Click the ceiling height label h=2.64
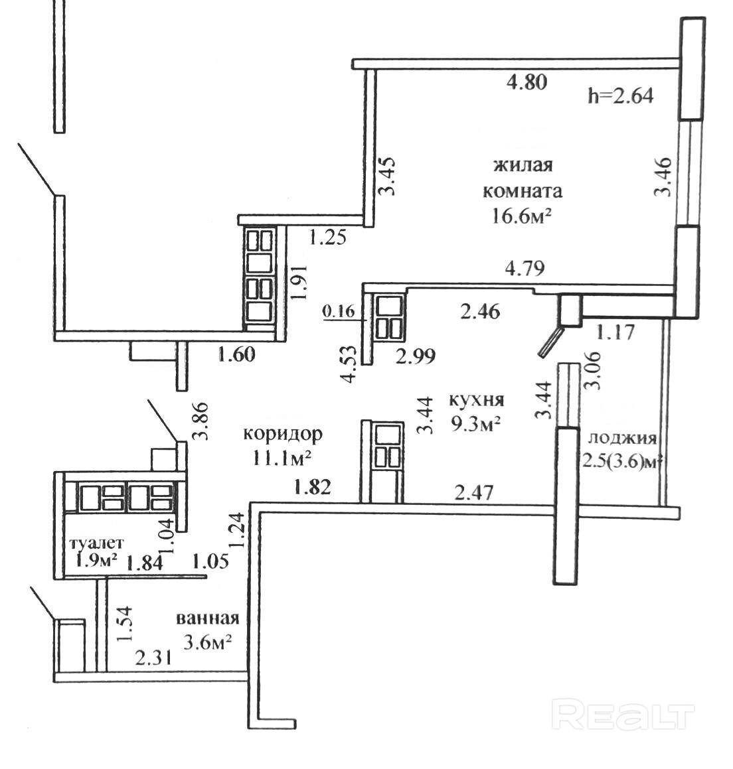(x=620, y=96)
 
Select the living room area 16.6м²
(x=523, y=217)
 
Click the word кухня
(x=477, y=400)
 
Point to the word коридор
(x=283, y=434)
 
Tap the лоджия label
(x=622, y=439)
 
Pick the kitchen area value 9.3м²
(x=475, y=424)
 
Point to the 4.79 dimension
(x=525, y=269)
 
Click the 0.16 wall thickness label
(x=339, y=311)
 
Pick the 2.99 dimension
(x=415, y=356)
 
